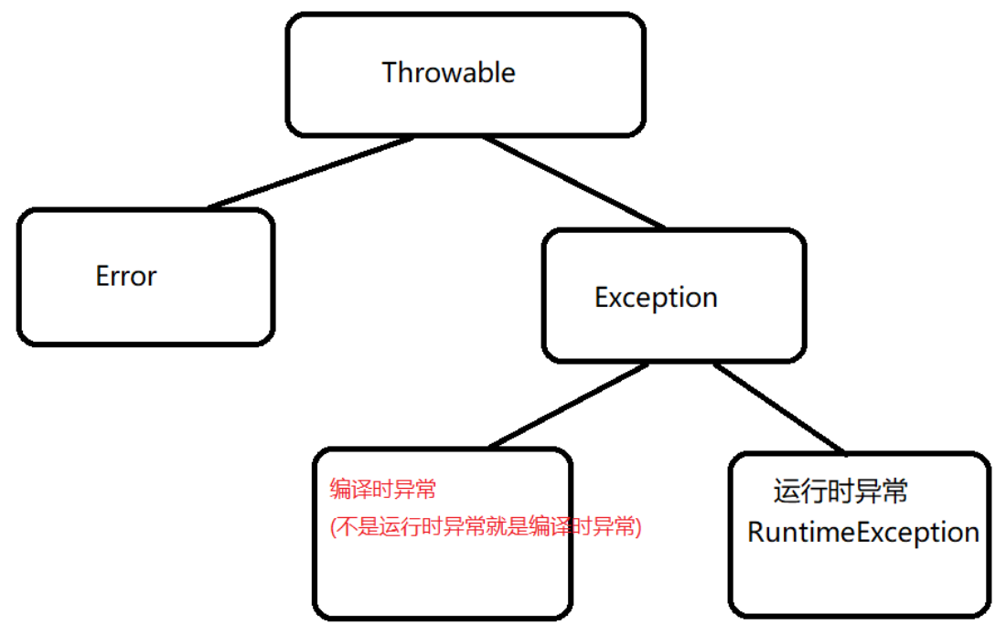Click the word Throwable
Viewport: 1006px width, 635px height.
(x=448, y=73)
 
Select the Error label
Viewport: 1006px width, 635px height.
(x=126, y=276)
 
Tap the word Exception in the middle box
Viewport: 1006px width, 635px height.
(x=656, y=298)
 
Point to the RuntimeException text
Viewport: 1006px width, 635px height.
(x=862, y=533)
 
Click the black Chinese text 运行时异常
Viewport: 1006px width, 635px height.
(x=840, y=492)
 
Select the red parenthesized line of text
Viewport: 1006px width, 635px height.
(x=486, y=527)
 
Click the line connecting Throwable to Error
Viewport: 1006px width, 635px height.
(x=311, y=173)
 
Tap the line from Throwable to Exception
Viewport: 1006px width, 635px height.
(x=573, y=182)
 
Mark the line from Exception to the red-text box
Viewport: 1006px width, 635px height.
(x=569, y=406)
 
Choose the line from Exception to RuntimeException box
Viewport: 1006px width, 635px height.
(x=777, y=407)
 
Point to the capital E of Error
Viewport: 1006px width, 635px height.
(x=102, y=276)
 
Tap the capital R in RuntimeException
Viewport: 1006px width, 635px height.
(x=755, y=533)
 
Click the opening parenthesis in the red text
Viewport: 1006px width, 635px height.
(x=334, y=527)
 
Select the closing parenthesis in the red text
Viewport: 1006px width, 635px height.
(x=637, y=527)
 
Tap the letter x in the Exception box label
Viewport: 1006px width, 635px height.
(x=613, y=299)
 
